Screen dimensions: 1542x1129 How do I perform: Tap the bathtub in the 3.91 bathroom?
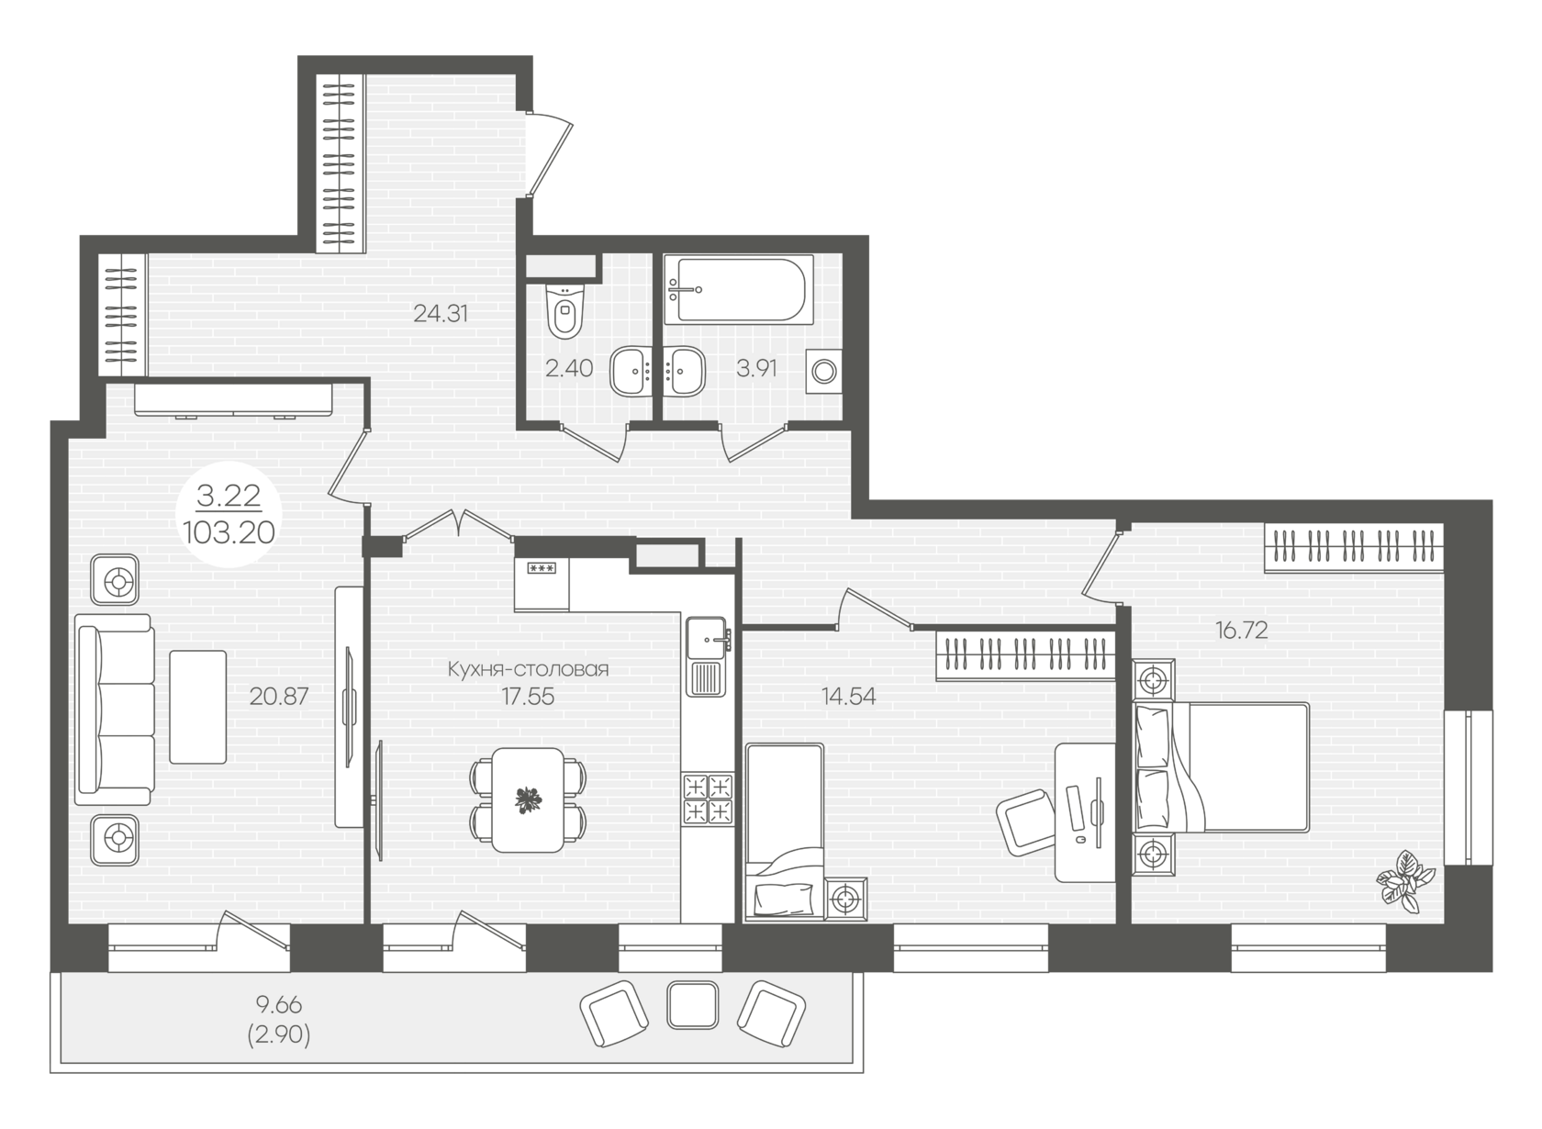[x=738, y=289]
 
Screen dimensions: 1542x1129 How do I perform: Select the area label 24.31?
[x=441, y=314]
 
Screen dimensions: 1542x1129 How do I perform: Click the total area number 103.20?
[x=229, y=532]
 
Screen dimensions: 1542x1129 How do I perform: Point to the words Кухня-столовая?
[x=528, y=669]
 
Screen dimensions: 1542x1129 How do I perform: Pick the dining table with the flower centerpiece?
[x=528, y=800]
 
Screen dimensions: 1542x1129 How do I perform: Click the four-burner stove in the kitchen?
[x=708, y=799]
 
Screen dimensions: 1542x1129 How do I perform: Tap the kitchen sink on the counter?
[x=706, y=656]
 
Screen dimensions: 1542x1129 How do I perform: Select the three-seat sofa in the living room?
[x=114, y=709]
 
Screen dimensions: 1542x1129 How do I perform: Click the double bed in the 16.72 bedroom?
[x=1221, y=766]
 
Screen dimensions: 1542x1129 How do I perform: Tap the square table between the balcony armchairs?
[x=692, y=1005]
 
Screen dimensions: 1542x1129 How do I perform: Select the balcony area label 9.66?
[x=279, y=1005]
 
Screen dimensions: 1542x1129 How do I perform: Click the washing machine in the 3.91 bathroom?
[x=824, y=372]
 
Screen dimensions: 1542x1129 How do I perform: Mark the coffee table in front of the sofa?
[x=198, y=707]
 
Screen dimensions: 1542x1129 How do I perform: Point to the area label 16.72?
[x=1242, y=630]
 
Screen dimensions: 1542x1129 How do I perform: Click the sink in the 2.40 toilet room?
[x=631, y=371]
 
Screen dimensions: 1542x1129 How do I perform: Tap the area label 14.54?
[x=849, y=697]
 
